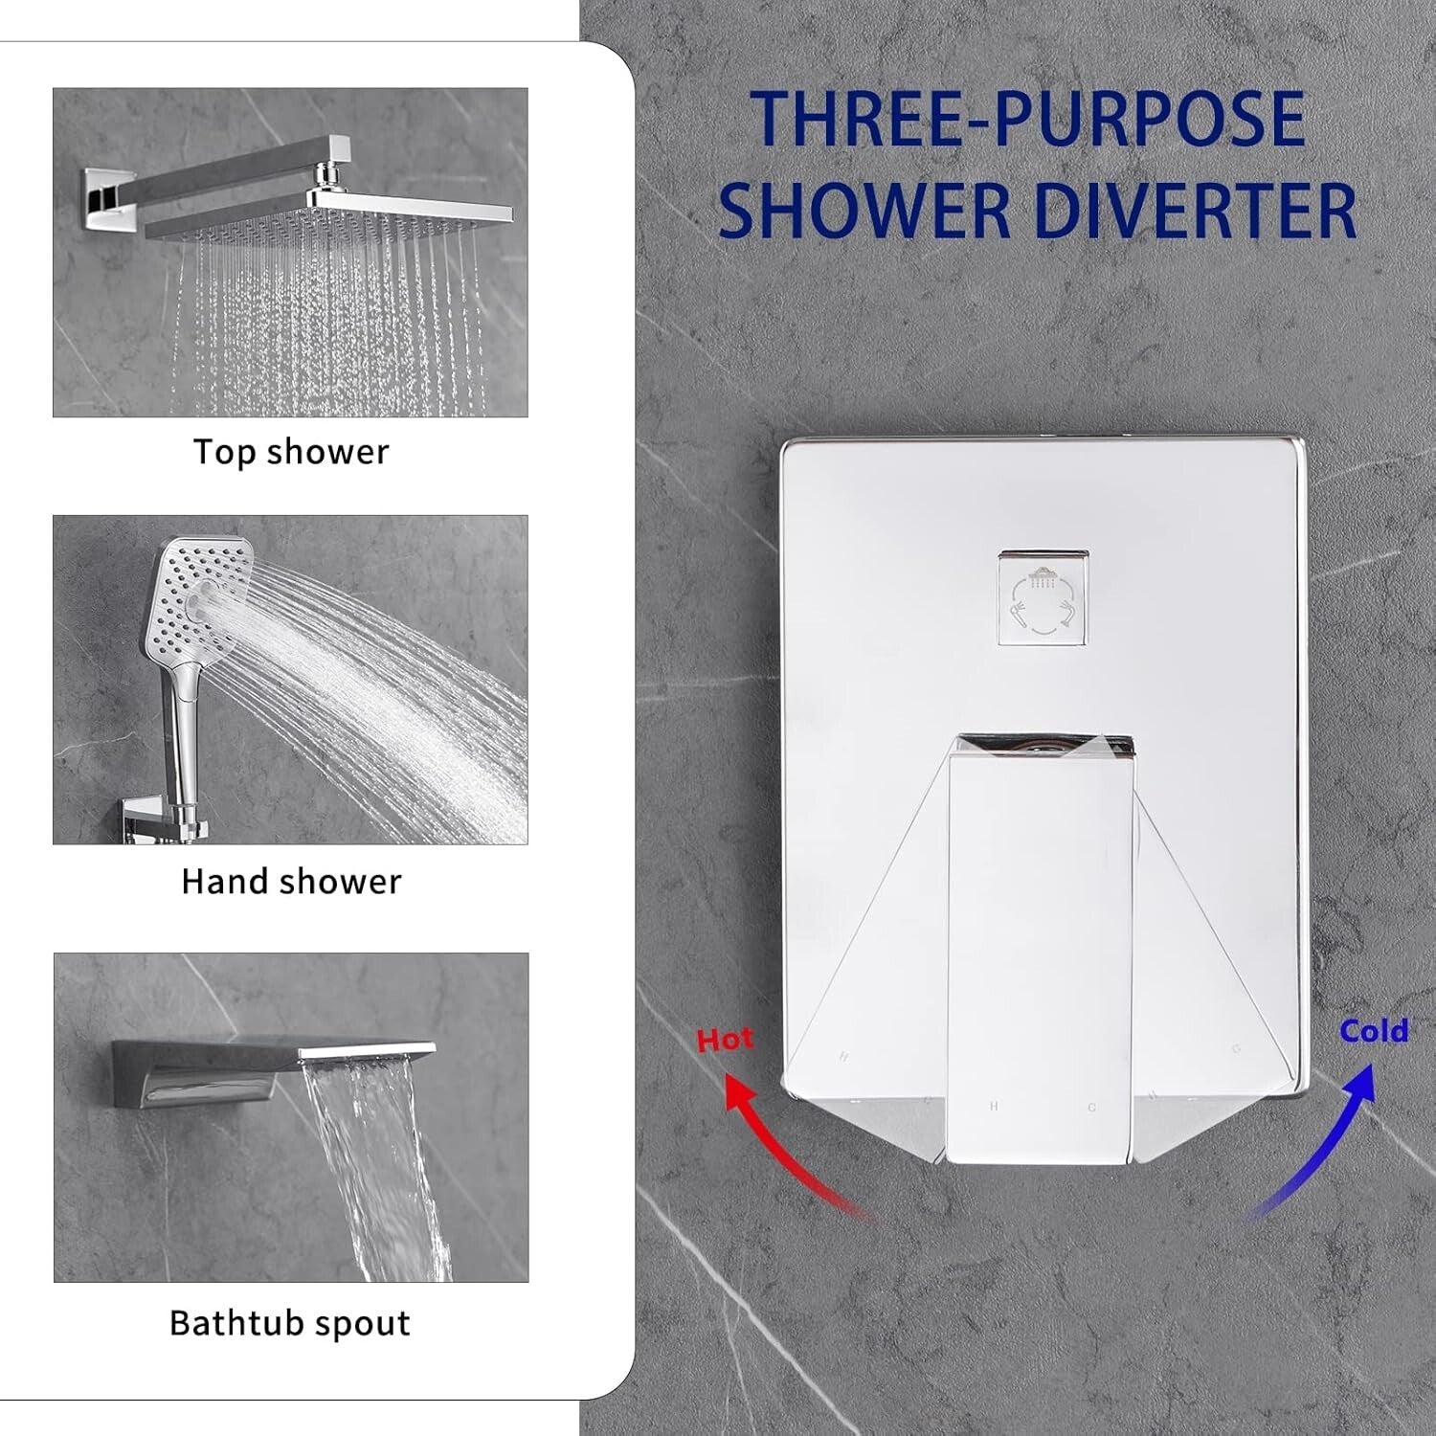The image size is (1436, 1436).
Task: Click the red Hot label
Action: pos(725,1040)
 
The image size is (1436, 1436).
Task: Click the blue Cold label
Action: pos(1374,1031)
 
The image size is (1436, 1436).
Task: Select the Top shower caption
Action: pos(291,452)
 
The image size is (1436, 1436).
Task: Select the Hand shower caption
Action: pos(291,882)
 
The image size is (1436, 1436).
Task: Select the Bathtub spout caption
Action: pos(290,1323)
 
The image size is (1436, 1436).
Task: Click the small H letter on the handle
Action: pos(994,1107)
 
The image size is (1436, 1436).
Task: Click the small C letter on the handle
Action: pos(1092,1108)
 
